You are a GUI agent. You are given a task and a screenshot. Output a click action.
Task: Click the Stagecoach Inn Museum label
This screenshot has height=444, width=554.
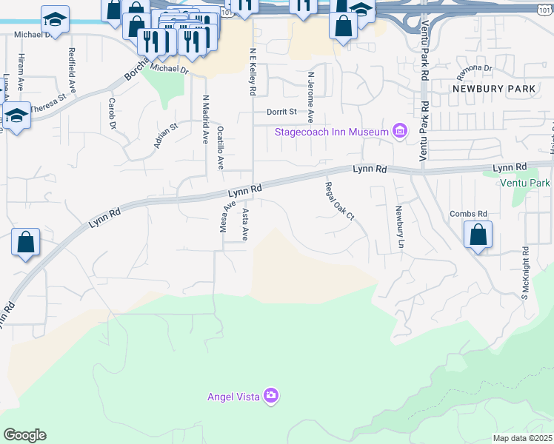tap(331, 132)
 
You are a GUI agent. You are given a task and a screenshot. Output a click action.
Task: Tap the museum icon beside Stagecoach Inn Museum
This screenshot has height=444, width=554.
tap(400, 132)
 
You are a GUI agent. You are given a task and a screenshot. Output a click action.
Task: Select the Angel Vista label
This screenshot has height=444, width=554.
tap(233, 397)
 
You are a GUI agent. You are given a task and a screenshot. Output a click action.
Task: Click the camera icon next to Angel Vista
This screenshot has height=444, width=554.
tap(271, 396)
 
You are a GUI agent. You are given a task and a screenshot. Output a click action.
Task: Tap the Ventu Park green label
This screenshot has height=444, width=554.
tap(525, 183)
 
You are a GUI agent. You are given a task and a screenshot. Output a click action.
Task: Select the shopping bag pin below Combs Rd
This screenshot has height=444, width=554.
tap(478, 236)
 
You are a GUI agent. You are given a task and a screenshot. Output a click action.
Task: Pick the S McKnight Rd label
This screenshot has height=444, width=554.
tap(524, 272)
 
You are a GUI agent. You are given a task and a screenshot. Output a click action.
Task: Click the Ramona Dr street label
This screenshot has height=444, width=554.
tap(475, 69)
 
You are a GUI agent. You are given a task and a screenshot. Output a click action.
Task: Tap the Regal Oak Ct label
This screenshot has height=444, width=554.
tap(340, 201)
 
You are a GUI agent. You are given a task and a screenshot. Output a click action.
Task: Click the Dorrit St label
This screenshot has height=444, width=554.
tap(281, 112)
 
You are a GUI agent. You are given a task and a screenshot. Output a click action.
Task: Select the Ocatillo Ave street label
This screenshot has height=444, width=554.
tap(221, 147)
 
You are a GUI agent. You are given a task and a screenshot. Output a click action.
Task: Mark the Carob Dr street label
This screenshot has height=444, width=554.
tap(113, 113)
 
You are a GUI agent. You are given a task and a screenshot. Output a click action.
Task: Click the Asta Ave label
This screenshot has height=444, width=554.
tap(245, 224)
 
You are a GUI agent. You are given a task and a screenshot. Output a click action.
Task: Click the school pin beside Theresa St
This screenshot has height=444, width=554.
tap(16, 115)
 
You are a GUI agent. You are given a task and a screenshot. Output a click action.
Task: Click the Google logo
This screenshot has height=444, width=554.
tap(24, 434)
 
